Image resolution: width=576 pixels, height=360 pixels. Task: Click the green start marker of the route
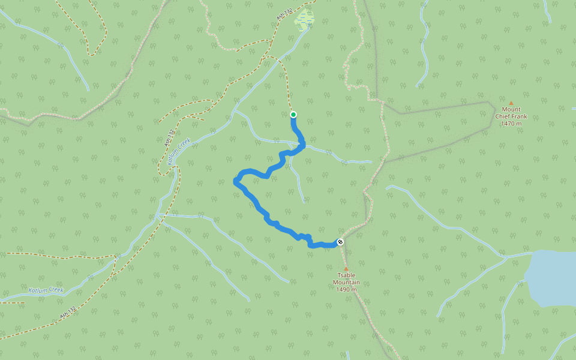(293, 115)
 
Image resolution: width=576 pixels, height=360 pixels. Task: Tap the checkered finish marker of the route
(340, 242)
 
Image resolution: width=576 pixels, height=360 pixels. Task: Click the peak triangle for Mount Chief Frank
(511, 103)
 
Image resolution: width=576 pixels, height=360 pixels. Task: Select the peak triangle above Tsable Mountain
(346, 269)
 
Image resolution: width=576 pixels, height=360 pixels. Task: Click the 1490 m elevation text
(346, 289)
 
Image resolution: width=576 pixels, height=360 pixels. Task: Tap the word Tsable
(347, 275)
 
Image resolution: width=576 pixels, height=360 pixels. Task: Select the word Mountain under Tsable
(347, 282)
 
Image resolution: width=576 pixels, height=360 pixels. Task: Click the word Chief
(505, 116)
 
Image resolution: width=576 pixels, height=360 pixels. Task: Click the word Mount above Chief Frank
(511, 110)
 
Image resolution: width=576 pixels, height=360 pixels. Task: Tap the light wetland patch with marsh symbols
(305, 20)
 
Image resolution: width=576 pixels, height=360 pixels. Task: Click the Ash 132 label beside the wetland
(284, 15)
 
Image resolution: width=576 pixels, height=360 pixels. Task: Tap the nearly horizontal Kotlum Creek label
(46, 290)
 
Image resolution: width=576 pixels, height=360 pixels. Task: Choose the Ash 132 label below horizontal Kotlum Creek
(68, 313)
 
